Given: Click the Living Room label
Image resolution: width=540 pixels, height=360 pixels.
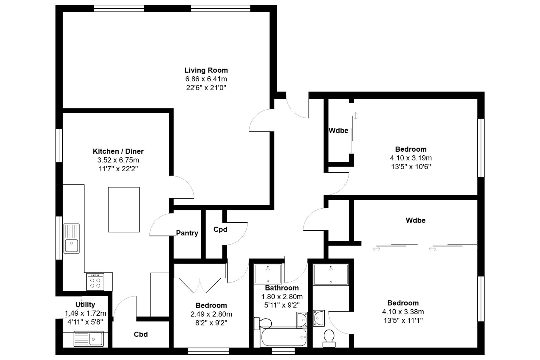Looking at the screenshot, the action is pos(206,70).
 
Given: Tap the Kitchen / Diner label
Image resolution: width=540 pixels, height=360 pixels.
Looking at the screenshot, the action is pos(118,151).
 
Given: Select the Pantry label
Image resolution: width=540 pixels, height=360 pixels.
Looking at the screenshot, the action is pos(187,233).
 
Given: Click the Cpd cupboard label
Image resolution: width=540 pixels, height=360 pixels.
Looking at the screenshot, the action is pos(220,229).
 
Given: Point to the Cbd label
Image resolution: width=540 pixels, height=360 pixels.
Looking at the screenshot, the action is pos(141,334).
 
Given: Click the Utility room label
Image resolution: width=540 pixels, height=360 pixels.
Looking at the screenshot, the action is pos(85,305).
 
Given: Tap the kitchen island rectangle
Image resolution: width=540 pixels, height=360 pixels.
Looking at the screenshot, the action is pos(124,210).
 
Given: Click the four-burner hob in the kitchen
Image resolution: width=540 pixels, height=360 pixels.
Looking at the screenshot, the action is pos(95,282).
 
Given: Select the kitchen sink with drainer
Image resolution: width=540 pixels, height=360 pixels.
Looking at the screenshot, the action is pos(72,238).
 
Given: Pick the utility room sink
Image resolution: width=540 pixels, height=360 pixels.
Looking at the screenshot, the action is pos(89,339).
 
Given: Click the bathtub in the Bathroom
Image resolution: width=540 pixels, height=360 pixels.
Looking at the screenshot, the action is pos(284,337).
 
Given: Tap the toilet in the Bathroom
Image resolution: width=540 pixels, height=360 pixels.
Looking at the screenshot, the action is pos(263,323).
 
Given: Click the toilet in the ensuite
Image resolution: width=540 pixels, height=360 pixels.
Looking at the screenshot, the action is pos(329,338).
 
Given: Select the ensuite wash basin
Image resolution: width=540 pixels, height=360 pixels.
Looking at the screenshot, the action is pos(319,318).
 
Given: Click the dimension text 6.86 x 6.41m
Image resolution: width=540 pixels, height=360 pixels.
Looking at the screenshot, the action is pos(206,79).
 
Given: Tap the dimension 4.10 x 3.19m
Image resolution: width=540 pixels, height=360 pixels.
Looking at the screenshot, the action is pos(411,158).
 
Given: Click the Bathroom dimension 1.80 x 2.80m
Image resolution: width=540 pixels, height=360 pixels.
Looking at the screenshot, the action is pos(282,297).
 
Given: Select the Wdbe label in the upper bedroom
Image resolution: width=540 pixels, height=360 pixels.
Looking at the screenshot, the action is pos(339,131).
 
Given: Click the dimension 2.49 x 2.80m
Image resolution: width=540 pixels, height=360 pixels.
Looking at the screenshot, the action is pos(211,314).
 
